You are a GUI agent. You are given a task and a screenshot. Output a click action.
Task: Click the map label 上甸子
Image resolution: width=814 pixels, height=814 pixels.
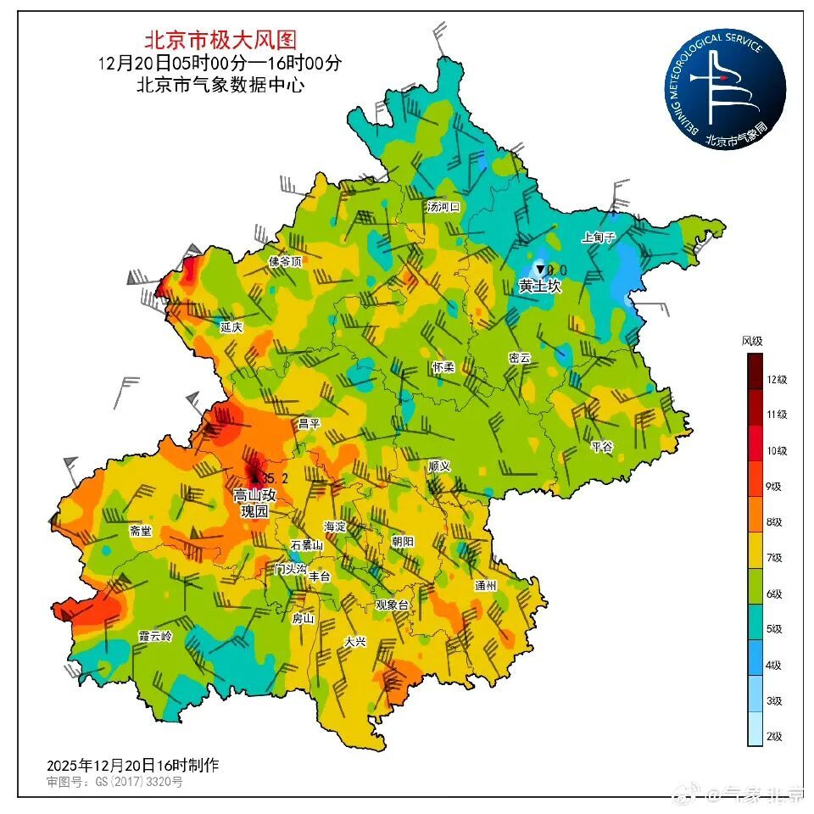(x=598, y=237)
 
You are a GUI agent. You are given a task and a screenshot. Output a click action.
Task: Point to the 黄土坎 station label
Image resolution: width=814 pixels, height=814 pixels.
(x=540, y=287)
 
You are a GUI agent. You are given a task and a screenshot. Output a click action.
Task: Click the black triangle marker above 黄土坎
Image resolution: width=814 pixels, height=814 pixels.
(x=539, y=269)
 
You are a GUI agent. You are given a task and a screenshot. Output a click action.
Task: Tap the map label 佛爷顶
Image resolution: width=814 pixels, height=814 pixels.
(x=285, y=261)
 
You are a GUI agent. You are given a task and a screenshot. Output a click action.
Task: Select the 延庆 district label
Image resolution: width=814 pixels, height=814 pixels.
(x=231, y=326)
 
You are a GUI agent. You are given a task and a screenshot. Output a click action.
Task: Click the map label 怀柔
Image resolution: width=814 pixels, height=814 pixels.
(x=443, y=367)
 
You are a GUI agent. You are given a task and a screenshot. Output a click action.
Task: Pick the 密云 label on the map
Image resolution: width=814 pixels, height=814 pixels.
(x=519, y=359)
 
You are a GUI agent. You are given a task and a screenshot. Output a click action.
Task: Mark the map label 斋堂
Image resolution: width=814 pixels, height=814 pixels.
(x=140, y=531)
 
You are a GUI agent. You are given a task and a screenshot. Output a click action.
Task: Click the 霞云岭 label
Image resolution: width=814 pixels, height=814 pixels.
(x=154, y=636)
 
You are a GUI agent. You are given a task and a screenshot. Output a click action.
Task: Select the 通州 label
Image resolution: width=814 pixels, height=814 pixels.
(x=485, y=585)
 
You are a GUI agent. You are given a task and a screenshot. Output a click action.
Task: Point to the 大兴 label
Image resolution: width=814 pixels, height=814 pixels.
(x=354, y=642)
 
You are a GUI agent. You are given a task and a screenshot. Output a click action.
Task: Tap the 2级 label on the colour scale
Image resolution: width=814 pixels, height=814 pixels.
(x=773, y=736)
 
